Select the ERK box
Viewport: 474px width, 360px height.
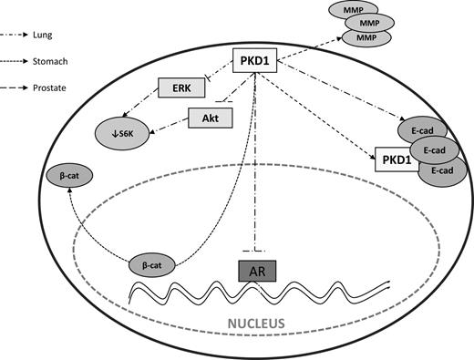click(179, 88)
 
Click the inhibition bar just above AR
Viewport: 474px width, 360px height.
click(260, 249)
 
